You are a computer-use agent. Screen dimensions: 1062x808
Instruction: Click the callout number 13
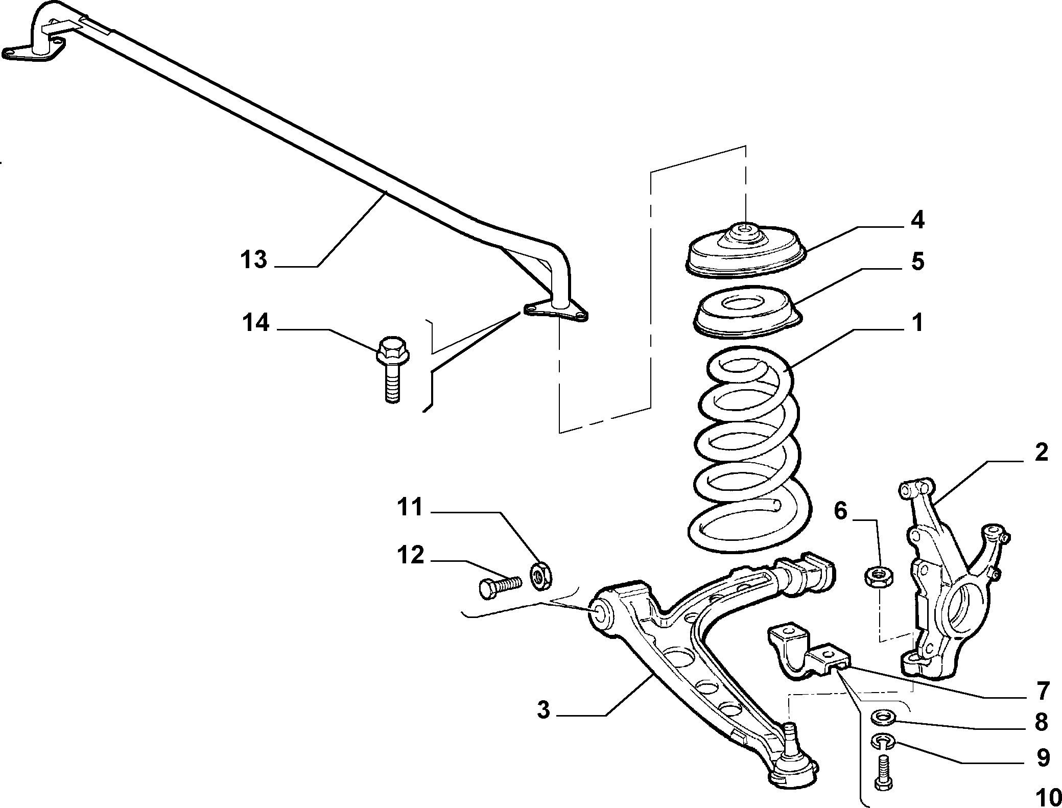coord(254,260)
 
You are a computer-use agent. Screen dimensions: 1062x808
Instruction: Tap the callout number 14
coord(255,323)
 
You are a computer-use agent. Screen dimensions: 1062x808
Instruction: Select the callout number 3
coord(543,709)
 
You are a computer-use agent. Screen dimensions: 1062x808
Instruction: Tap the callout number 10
coord(1034,797)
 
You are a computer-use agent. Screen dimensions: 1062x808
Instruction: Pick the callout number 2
coord(1041,453)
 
